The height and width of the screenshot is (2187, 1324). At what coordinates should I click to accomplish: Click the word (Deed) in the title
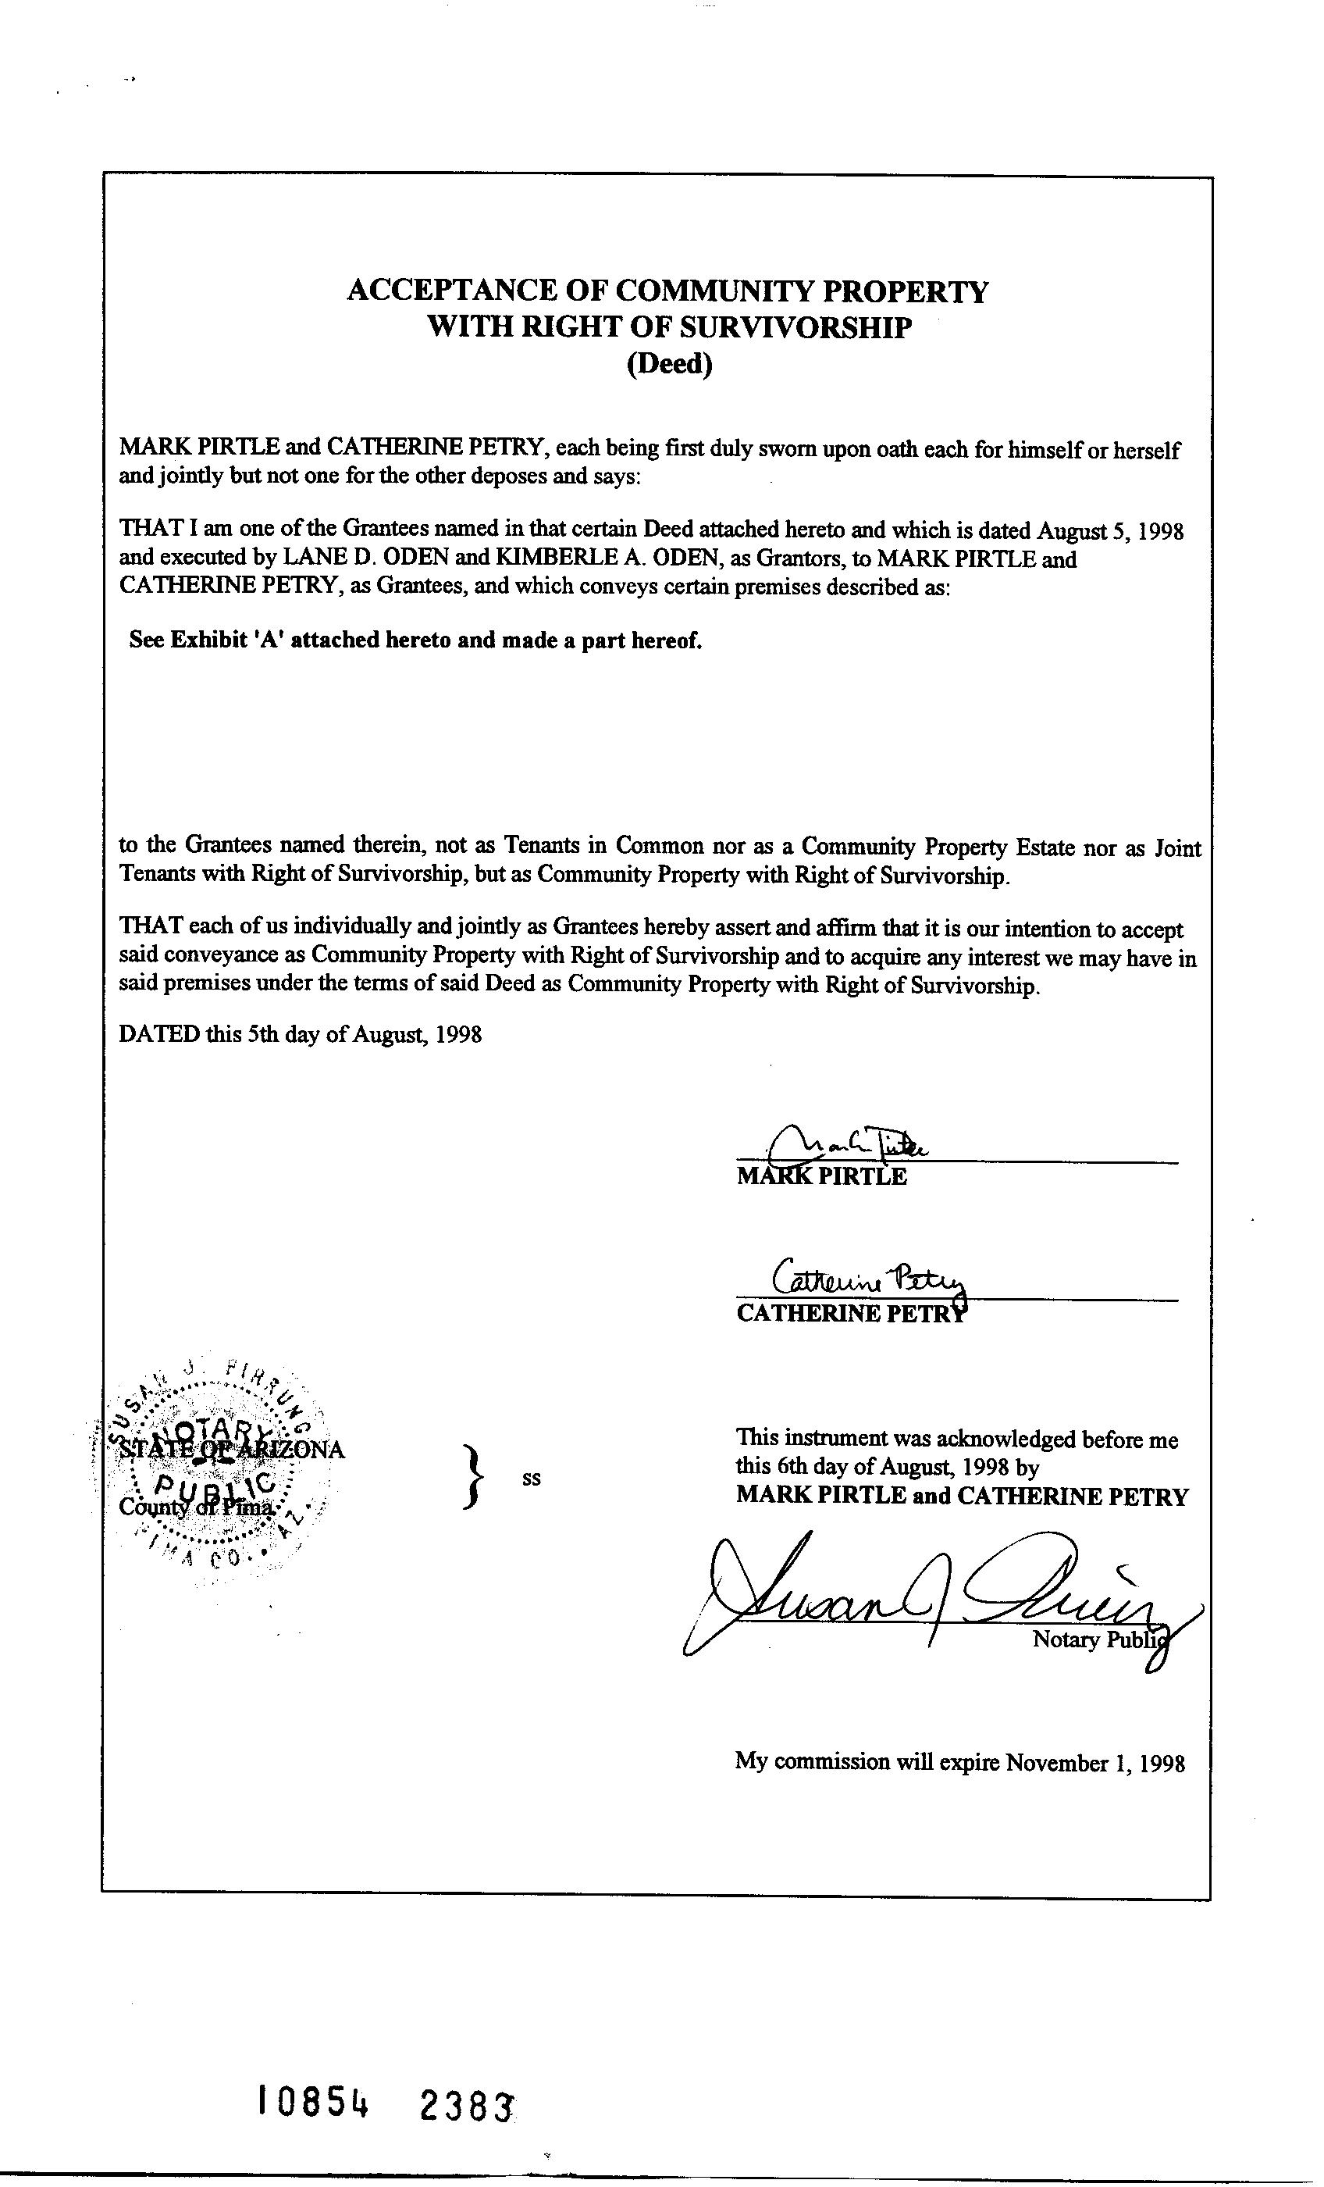point(669,365)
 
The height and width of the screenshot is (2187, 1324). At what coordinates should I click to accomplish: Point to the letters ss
point(532,1479)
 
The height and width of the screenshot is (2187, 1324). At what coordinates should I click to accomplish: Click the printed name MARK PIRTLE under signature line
point(822,1177)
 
